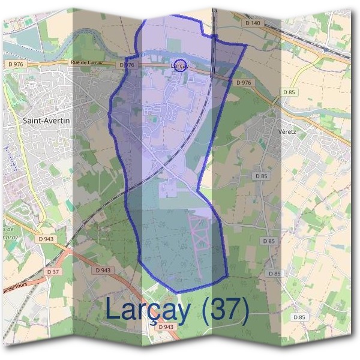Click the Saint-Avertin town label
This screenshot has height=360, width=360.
46,121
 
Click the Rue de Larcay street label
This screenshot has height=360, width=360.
88,63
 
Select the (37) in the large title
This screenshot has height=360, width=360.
226,309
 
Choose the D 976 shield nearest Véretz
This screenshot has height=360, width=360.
243,82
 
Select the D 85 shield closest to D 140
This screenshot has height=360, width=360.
289,92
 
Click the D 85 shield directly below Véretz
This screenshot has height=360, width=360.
260,176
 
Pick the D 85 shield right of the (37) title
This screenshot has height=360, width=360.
298,316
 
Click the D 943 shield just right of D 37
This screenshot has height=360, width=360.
103,270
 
